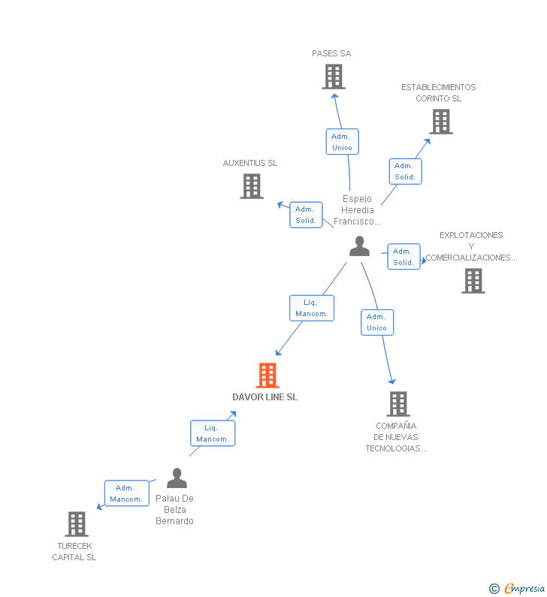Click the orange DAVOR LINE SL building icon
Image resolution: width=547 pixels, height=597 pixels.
pyautogui.click(x=267, y=375)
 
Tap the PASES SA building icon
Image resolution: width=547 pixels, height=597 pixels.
pyautogui.click(x=334, y=77)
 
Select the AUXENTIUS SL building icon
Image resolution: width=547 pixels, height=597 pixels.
pyautogui.click(x=252, y=186)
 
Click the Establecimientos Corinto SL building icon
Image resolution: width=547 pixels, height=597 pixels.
pyautogui.click(x=441, y=122)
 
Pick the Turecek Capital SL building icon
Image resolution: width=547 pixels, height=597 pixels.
pyautogui.click(x=77, y=523)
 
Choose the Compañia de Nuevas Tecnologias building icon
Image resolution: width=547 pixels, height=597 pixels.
pyautogui.click(x=398, y=404)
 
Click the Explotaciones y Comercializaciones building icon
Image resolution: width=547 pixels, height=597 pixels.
pyautogui.click(x=473, y=281)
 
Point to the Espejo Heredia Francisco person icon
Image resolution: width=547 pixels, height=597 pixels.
pyautogui.click(x=360, y=246)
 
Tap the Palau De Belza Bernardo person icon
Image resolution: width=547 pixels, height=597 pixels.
pyautogui.click(x=177, y=478)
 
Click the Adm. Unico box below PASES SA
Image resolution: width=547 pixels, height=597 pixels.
pyautogui.click(x=342, y=142)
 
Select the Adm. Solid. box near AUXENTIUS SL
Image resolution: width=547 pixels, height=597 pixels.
pyautogui.click(x=306, y=215)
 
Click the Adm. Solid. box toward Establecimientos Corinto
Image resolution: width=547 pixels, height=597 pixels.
pyautogui.click(x=405, y=171)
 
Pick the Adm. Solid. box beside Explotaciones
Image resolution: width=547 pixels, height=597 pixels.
pyautogui.click(x=403, y=257)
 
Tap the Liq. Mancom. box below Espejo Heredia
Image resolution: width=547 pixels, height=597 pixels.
pyautogui.click(x=312, y=308)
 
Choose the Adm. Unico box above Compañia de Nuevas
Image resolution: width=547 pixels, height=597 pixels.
pyautogui.click(x=376, y=322)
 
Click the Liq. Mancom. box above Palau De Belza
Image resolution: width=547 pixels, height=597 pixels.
pyautogui.click(x=212, y=433)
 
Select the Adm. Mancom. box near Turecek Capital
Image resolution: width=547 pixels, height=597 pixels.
pyautogui.click(x=126, y=493)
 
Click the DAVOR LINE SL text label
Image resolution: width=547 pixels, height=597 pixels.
pyautogui.click(x=264, y=397)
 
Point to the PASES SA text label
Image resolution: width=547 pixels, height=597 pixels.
pyautogui.click(x=331, y=53)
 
